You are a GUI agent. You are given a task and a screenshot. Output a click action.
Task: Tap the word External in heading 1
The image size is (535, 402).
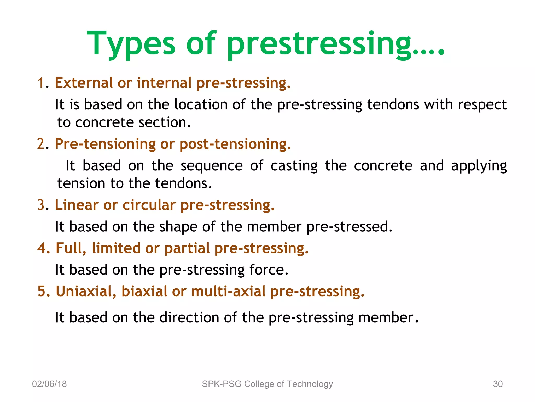84,83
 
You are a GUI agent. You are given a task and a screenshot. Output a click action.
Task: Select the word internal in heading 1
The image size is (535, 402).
164,83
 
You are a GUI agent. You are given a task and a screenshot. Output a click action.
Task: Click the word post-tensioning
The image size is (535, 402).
235,144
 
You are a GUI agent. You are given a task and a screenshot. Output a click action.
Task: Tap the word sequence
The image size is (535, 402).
212,166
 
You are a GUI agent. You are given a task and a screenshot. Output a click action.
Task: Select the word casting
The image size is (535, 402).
294,166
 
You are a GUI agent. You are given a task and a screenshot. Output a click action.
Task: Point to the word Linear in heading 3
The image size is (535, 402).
77,205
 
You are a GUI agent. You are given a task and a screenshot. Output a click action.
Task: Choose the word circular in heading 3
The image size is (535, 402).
149,205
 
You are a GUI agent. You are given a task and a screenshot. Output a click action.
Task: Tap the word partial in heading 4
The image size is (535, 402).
187,248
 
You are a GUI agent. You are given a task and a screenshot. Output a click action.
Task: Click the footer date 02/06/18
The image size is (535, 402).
49,384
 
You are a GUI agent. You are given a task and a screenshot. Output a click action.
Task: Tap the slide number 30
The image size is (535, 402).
498,384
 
